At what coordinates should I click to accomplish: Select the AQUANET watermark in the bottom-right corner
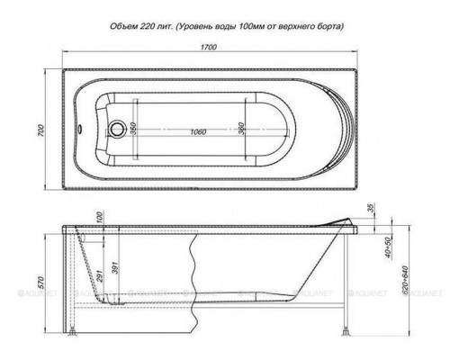(x=426, y=291)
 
